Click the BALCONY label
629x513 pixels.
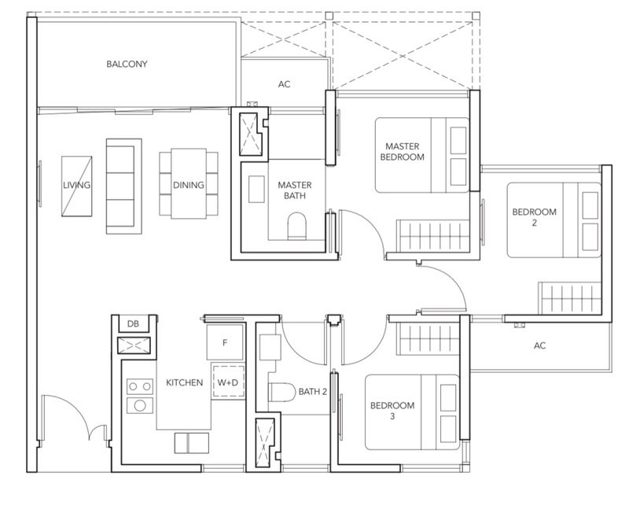coord(127,64)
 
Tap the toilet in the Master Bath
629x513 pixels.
coord(297,226)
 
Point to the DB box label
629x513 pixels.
coord(133,323)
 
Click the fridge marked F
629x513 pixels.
coord(225,342)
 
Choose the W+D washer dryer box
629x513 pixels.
coord(228,382)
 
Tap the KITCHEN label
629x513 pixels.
coord(185,382)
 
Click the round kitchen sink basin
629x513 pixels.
coord(140,405)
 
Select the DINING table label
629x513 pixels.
coord(189,185)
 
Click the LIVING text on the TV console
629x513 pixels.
coord(76,185)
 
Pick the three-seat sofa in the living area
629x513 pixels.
coord(124,186)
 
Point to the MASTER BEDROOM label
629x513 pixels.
coord(403,152)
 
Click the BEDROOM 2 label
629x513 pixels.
coord(535,217)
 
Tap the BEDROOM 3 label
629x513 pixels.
coord(392,411)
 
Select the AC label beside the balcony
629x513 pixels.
coord(284,84)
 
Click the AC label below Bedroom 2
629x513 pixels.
coord(540,345)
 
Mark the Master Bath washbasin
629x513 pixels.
coord(256,189)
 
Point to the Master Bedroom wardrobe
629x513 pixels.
coord(433,236)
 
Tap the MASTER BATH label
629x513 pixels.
coord(295,190)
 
